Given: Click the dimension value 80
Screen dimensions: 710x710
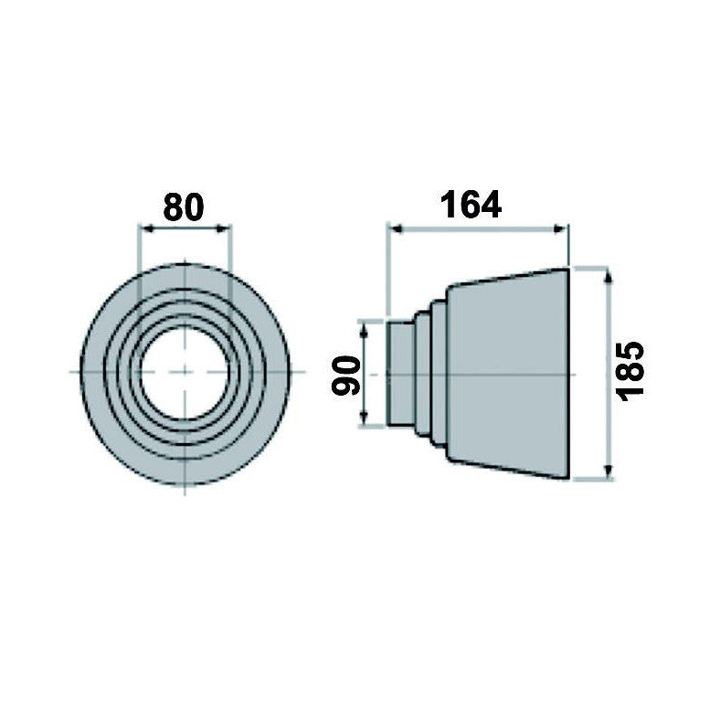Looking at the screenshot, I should point(184,207).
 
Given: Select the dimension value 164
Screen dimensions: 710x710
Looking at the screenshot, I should point(472,204).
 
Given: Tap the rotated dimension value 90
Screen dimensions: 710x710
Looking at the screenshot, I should point(344,376).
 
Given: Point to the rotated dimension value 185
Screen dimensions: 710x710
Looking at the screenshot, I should point(631,370).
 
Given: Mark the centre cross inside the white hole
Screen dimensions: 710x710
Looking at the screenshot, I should point(185,371).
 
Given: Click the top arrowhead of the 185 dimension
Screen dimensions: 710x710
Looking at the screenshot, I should point(608,273).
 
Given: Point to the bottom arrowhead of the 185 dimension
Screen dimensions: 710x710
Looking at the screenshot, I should point(608,473).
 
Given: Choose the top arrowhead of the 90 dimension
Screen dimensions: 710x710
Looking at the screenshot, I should point(366,325).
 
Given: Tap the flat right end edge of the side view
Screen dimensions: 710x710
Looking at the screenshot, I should point(569,373).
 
